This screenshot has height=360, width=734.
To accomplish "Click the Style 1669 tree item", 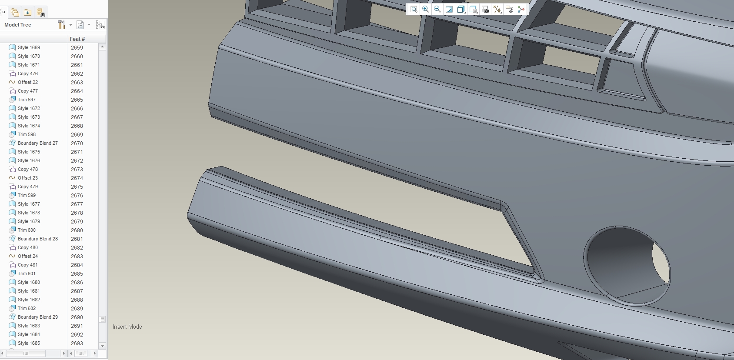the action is (29, 47).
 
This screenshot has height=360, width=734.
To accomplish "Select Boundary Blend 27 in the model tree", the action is (38, 143).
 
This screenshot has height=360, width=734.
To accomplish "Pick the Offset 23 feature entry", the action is (27, 178).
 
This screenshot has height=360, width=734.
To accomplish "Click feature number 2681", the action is (77, 239).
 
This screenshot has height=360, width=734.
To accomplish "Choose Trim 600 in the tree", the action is (27, 230).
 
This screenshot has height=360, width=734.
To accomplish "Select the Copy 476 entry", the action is (27, 74).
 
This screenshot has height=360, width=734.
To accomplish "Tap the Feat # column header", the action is (77, 39).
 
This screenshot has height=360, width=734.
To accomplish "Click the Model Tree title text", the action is (18, 25).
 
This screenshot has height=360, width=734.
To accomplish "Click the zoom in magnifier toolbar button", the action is (425, 9).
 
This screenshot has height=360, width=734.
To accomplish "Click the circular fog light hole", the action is (627, 266).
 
